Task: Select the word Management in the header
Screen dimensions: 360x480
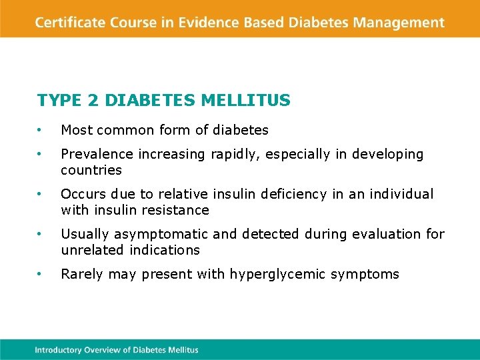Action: click(399, 22)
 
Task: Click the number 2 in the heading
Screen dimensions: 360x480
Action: click(93, 101)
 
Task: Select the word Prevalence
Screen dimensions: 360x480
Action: click(97, 154)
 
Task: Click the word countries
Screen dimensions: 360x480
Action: click(91, 170)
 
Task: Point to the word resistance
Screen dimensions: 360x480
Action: click(176, 210)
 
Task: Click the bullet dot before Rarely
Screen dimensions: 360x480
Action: click(40, 274)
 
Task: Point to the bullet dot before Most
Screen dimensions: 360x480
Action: click(40, 130)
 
